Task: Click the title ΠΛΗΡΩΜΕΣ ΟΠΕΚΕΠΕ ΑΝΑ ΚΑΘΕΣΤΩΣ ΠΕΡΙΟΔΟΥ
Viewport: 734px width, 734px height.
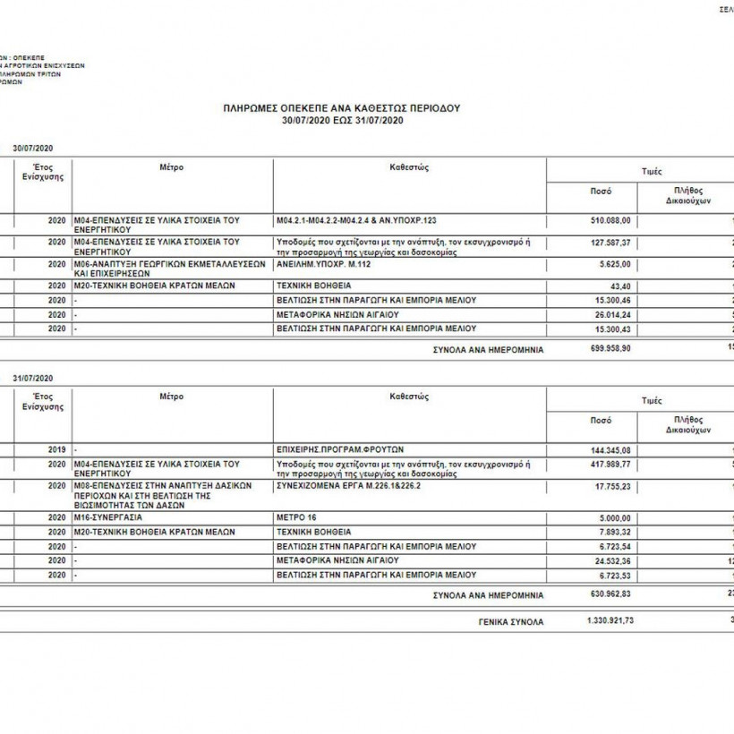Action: pos(342,107)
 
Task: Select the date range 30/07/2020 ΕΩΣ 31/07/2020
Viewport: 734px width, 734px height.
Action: pos(342,119)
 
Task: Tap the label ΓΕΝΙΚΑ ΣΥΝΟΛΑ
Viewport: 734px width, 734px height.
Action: pos(512,620)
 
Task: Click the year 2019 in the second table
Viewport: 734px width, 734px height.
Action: pos(57,448)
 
